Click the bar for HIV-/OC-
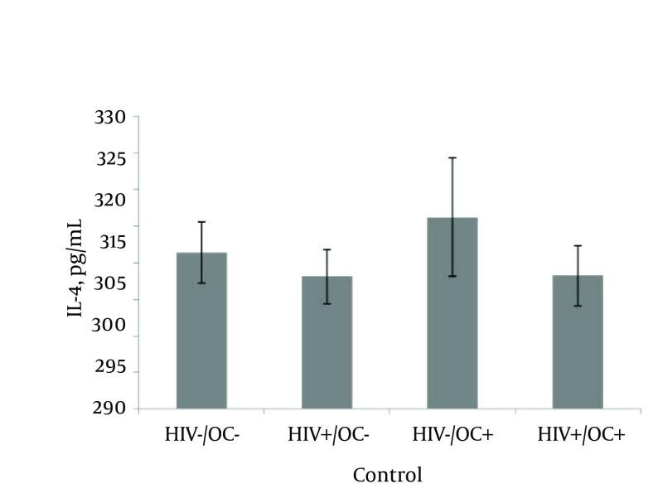point(201,331)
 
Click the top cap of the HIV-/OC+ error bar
point(452,157)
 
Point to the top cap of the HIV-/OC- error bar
point(201,222)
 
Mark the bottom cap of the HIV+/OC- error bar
point(327,304)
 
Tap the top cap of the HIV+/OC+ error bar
point(578,246)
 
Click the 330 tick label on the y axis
point(110,118)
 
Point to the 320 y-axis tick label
point(110,199)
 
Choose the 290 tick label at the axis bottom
point(110,409)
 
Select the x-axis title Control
point(387,476)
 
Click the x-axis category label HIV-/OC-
point(202,434)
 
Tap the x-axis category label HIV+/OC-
point(327,434)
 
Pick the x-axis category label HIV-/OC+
point(453,434)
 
